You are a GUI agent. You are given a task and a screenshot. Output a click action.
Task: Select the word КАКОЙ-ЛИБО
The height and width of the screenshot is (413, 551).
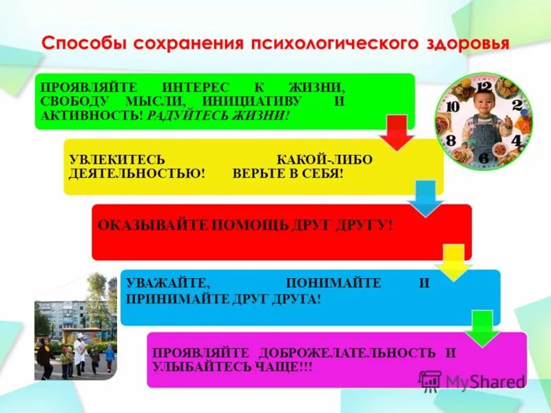[324, 160]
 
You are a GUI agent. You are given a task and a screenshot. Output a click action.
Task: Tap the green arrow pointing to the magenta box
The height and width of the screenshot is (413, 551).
[482, 328]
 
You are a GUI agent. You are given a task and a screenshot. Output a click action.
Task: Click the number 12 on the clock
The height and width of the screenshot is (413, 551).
[484, 87]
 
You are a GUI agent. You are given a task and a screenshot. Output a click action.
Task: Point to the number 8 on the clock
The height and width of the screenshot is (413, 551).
[450, 140]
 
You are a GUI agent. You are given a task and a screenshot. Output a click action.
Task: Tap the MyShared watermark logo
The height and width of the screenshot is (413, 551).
[472, 381]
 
